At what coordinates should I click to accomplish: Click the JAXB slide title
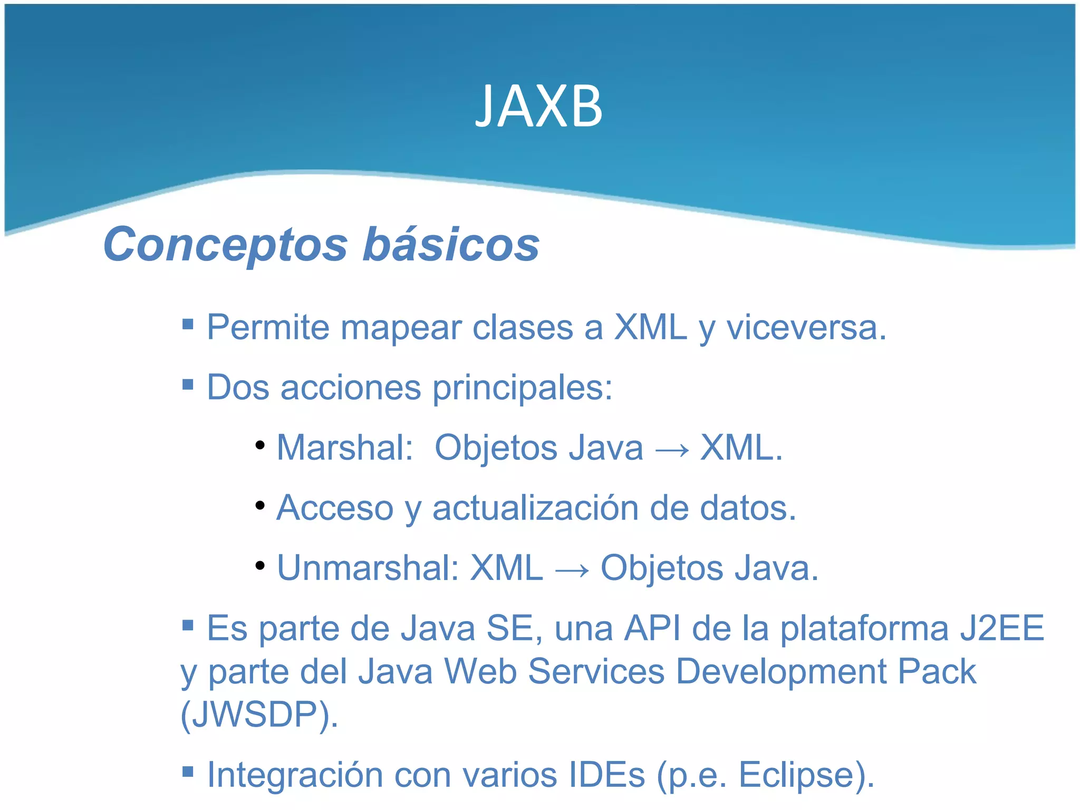(x=538, y=107)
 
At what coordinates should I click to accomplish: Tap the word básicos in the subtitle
(x=451, y=245)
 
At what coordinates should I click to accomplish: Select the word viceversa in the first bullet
(x=806, y=327)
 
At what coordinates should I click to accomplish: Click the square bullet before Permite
(x=188, y=323)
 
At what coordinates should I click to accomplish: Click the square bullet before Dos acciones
(x=188, y=383)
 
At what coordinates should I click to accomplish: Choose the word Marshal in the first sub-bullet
(x=344, y=448)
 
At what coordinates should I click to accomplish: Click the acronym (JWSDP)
(x=259, y=715)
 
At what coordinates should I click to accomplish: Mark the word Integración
(x=295, y=776)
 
